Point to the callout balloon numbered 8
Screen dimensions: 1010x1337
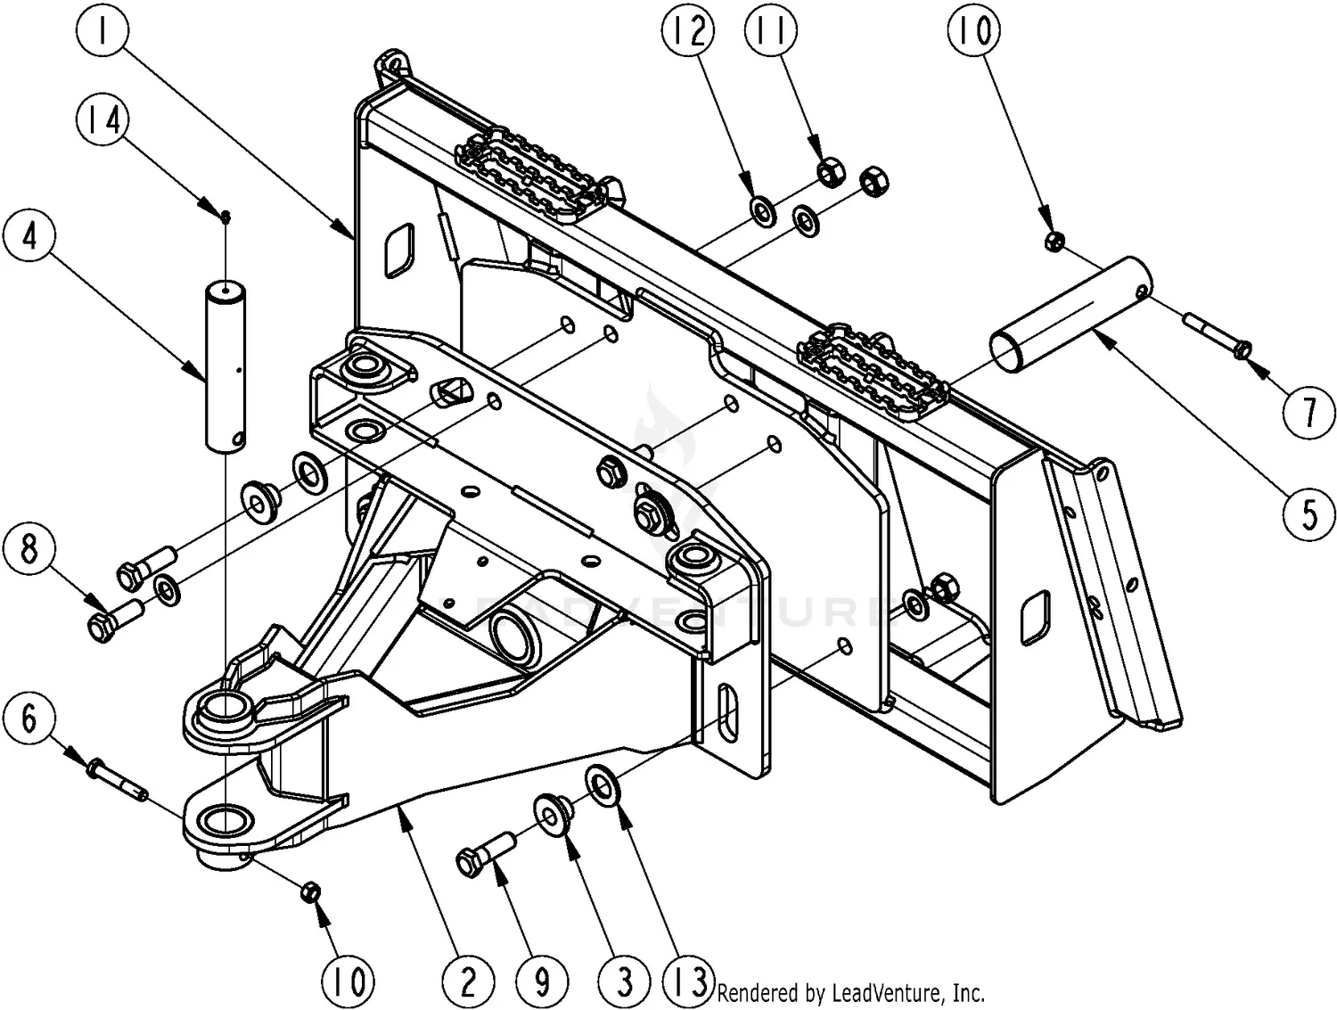click(x=30, y=547)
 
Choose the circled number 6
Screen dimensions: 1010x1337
click(x=30, y=717)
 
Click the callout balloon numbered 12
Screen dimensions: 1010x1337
click(x=689, y=32)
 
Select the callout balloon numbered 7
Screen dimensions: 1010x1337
click(x=1308, y=412)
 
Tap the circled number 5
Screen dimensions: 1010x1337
click(x=1308, y=513)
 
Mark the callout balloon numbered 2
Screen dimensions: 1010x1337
click(x=468, y=981)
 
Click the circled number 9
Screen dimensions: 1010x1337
click(x=542, y=981)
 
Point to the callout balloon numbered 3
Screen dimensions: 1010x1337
click(x=625, y=981)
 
